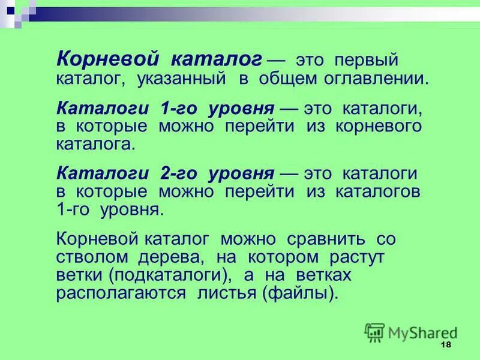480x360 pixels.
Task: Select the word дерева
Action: click(173, 258)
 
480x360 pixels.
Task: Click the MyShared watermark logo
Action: click(411, 332)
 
